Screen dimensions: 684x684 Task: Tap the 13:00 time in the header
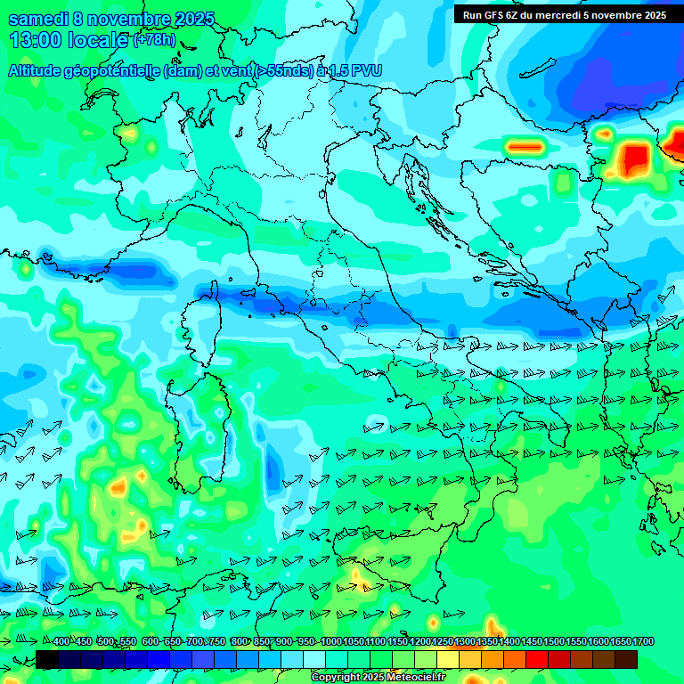[37, 40]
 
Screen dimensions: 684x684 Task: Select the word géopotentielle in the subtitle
[120, 70]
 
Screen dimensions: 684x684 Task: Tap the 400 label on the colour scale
[61, 642]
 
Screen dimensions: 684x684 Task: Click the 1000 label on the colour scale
[330, 642]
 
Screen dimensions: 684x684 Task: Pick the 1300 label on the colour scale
[465, 642]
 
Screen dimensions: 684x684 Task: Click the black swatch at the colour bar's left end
[47, 659]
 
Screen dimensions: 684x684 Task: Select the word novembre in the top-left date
[134, 20]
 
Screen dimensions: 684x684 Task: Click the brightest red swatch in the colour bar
[537, 659]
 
